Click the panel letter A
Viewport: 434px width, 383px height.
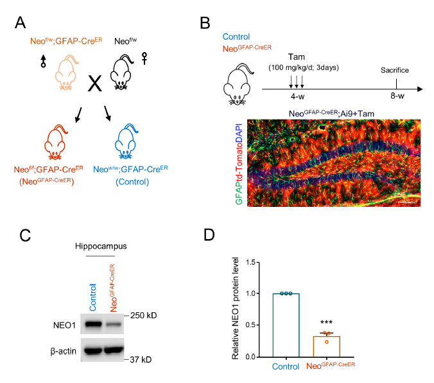(20, 22)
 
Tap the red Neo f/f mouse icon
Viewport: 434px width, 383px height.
(55, 143)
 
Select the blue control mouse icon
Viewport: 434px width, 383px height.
(126, 142)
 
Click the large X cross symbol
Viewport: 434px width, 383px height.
(94, 83)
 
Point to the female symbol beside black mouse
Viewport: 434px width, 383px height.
(144, 58)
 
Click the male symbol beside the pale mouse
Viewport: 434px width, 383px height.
(43, 61)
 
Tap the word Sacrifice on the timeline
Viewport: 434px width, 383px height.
(395, 70)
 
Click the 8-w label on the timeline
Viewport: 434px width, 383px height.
(397, 96)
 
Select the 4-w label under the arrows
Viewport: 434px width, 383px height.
(297, 96)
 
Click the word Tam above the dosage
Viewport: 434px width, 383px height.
(297, 57)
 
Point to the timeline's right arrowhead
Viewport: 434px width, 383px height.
(420, 89)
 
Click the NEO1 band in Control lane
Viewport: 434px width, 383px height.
(93, 324)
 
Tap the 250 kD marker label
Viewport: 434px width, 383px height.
(143, 316)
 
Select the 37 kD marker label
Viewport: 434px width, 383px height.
(141, 360)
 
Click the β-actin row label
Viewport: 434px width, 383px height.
(64, 351)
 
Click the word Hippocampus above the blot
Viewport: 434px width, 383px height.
(101, 246)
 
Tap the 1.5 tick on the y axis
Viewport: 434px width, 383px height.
(250, 262)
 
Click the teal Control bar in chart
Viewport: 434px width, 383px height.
(286, 325)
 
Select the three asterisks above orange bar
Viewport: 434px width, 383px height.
(326, 323)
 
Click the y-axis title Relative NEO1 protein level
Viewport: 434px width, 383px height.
(235, 308)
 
